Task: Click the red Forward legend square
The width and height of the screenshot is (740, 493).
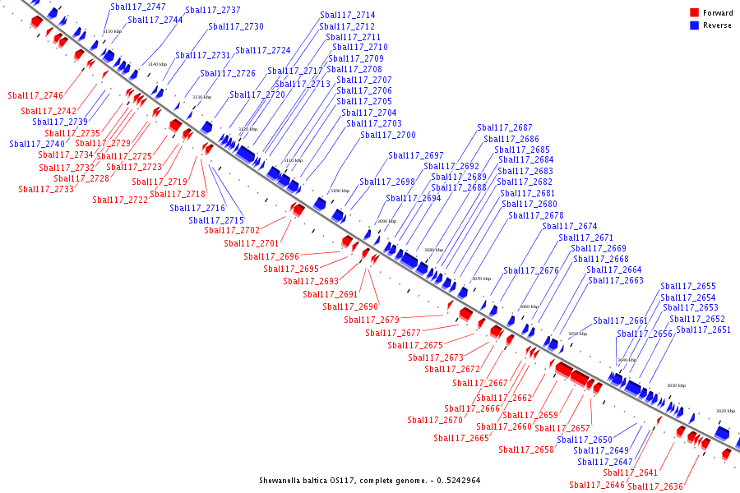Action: point(695,12)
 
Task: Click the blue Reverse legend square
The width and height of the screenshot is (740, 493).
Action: point(695,25)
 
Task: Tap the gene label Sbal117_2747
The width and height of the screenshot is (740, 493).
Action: point(138,7)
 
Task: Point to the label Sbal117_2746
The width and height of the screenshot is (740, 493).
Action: point(35,95)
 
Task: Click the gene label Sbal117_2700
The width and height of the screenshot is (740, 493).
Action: point(388,135)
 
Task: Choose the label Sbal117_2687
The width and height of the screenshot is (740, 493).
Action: point(505,127)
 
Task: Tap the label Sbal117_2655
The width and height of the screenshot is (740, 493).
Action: point(688,286)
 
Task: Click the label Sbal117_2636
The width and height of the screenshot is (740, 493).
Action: point(655,486)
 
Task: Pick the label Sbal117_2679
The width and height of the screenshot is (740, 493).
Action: point(372,320)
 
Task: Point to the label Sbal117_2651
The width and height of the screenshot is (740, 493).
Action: point(703,329)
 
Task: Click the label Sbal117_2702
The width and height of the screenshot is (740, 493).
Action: point(232,230)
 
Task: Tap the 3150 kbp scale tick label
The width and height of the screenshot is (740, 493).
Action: point(113,31)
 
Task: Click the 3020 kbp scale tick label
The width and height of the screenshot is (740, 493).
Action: point(725,411)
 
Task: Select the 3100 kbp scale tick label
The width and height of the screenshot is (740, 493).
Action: point(340,191)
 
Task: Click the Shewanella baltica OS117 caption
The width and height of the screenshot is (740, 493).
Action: point(369,480)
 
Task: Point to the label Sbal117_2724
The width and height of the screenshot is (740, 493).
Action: point(263,50)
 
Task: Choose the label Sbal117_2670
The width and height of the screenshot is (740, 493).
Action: point(435,420)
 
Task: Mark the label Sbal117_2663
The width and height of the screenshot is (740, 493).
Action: point(616,280)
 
